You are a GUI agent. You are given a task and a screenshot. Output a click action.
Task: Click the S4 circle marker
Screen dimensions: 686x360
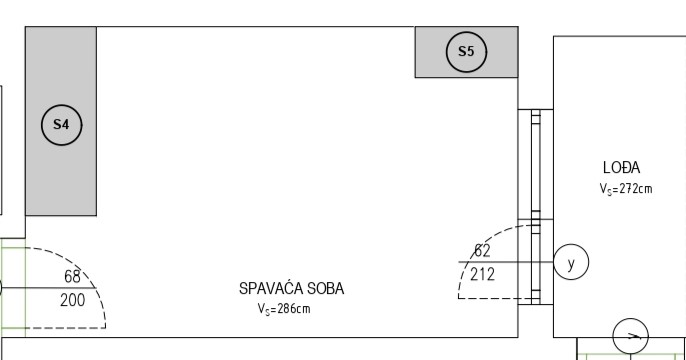click(x=62, y=125)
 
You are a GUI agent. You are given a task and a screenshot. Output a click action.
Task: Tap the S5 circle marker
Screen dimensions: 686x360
click(x=466, y=52)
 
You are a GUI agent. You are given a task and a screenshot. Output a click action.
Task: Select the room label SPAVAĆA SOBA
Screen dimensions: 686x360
click(x=291, y=289)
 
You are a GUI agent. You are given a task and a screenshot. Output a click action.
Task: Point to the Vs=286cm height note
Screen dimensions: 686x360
click(x=284, y=309)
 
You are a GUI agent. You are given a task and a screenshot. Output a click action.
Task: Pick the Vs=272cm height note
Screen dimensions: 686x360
click(x=626, y=189)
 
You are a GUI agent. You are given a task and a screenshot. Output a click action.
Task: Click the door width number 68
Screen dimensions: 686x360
click(x=72, y=276)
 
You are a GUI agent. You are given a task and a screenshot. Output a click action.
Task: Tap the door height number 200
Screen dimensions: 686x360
click(x=73, y=301)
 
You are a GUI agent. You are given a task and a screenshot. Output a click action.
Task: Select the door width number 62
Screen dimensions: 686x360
click(x=482, y=251)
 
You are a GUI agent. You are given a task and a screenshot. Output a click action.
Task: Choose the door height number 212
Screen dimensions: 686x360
click(x=483, y=275)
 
